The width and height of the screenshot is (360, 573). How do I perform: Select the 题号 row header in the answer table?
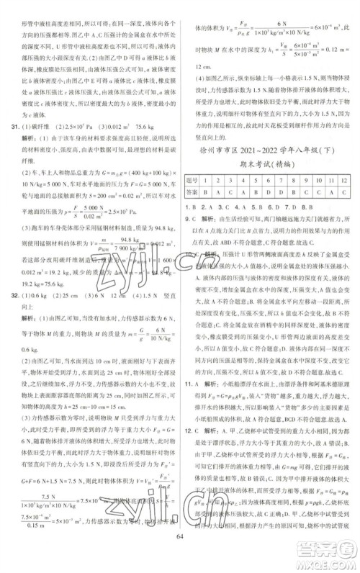click(x=193, y=179)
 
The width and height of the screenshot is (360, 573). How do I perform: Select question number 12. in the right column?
click(x=191, y=449)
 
